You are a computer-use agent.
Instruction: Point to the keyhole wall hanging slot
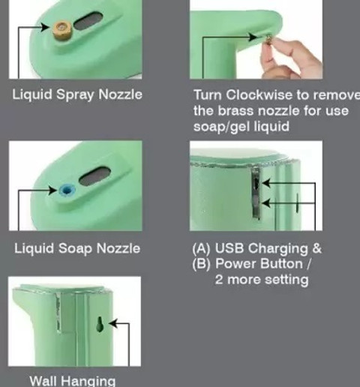(100, 324)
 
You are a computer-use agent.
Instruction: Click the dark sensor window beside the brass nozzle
(88, 21)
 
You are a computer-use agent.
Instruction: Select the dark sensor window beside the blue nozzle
(95, 176)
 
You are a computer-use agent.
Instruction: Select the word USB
(229, 248)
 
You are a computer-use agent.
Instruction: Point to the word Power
(234, 264)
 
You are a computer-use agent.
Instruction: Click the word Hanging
(88, 381)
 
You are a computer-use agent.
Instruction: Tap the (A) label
(202, 248)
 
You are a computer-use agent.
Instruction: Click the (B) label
(202, 264)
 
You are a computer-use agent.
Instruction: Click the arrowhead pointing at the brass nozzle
(45, 27)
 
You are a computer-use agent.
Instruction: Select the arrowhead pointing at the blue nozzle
(52, 190)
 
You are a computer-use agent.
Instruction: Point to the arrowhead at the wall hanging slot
(112, 323)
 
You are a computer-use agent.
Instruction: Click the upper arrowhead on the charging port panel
(265, 183)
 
